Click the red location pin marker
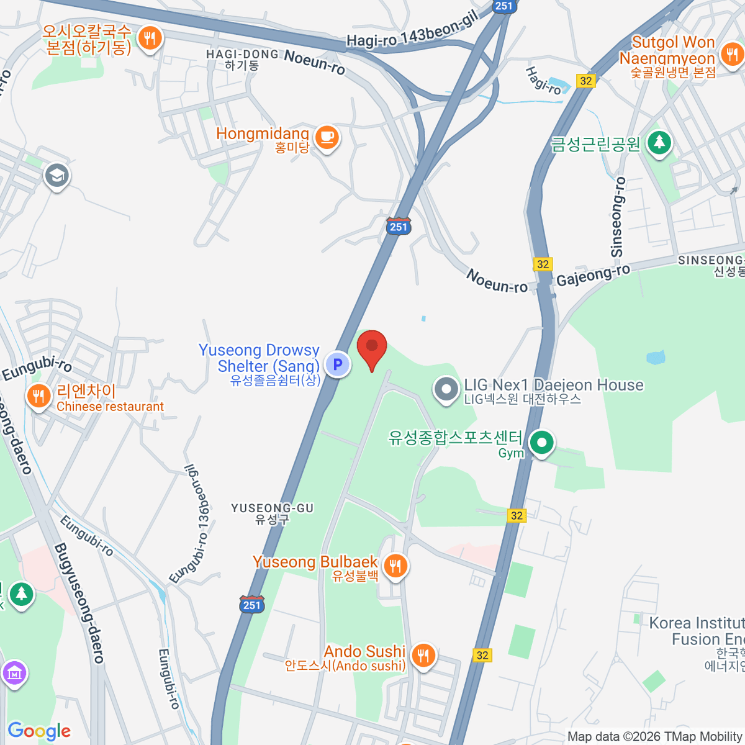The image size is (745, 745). [372, 348]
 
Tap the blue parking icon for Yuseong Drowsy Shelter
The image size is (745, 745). [338, 364]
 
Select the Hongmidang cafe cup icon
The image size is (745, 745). [327, 137]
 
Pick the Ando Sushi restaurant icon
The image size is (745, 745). [423, 654]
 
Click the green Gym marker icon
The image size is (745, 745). [542, 443]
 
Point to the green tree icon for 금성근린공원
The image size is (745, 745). [659, 142]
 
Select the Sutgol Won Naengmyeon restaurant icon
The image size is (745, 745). [733, 55]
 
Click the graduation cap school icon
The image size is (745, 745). [56, 176]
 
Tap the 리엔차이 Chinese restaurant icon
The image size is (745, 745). [39, 395]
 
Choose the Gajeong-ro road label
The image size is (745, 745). [593, 274]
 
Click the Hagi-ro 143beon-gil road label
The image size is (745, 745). [412, 32]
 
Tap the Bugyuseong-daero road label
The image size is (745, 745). [79, 603]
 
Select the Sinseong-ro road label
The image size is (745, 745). [617, 217]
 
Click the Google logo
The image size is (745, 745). [39, 731]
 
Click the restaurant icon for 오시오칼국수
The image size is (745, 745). [149, 38]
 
